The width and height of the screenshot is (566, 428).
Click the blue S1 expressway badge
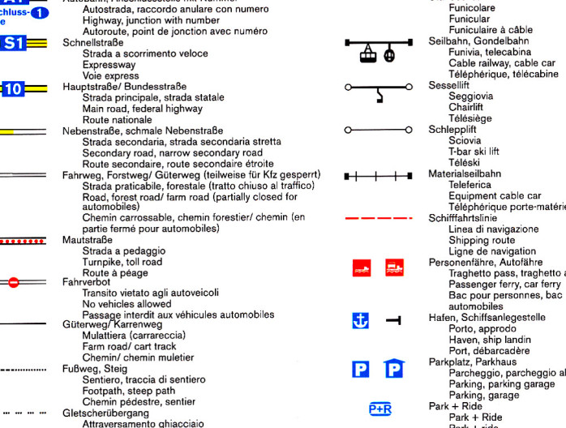pyautogui.click(x=13, y=44)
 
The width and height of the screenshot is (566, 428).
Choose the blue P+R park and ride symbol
pyautogui.click(x=380, y=409)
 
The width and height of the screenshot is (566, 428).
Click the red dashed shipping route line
pyautogui.click(x=379, y=218)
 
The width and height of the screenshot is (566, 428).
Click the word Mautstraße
pyautogui.click(x=88, y=241)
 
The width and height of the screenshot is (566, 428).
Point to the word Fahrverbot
pyautogui.click(x=87, y=283)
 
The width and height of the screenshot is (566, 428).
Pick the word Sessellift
pyautogui.click(x=450, y=84)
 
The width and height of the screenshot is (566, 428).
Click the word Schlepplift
pyautogui.click(x=452, y=129)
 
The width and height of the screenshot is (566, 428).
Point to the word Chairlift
pyautogui.click(x=465, y=106)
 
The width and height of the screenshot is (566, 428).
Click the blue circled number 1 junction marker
pyautogui.click(x=40, y=12)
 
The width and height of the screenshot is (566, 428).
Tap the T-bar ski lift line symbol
pyautogui.click(x=377, y=129)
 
